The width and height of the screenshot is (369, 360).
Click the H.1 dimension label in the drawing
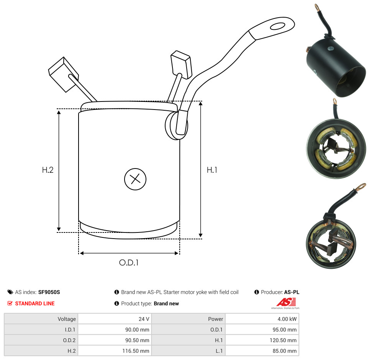(x=212, y=170)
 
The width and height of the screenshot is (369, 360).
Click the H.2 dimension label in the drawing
(x=48, y=170)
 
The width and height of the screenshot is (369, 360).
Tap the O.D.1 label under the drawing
(x=129, y=262)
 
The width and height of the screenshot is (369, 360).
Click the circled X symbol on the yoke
(x=135, y=179)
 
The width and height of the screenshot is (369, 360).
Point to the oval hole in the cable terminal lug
(x=278, y=26)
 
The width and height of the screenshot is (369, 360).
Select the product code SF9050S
(x=49, y=292)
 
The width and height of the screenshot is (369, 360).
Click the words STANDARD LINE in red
(x=35, y=303)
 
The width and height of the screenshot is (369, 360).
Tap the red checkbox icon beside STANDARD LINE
(x=10, y=303)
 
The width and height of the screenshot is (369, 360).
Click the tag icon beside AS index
(x=10, y=292)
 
